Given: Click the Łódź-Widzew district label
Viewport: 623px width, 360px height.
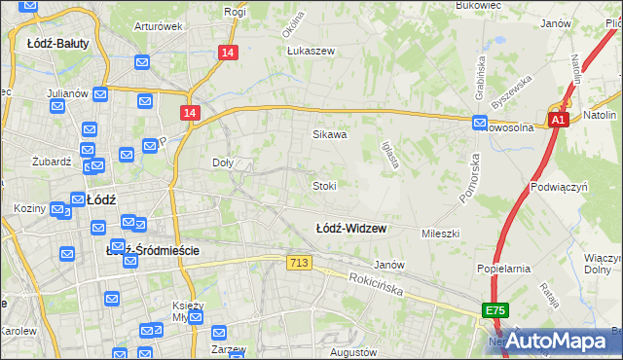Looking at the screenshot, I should pos(351,229).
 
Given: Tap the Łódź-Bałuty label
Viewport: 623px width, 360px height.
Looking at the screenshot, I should pos(53,43).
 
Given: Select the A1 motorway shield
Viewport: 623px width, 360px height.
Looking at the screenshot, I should pos(557,120).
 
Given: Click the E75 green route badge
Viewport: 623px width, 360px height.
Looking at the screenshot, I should pos(495,310).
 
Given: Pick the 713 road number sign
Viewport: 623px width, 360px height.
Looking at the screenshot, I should pos(299,264).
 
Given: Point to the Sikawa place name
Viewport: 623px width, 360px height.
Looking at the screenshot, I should pos(329,135).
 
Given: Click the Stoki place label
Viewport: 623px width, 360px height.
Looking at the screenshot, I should pos(324,185).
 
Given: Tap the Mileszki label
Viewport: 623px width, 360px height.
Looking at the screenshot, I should pos(440,234).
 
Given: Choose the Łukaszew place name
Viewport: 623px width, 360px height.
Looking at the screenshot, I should pos(311,52).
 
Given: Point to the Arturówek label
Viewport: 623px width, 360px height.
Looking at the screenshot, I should pos(159,26).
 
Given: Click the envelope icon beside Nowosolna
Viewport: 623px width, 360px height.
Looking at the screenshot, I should pos(480,123).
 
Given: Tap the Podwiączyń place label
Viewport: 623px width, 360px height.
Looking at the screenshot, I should pos(558,185).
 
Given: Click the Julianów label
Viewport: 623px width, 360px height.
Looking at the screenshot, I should pos(68,93).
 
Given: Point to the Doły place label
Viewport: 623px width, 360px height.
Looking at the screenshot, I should pos(223,163).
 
